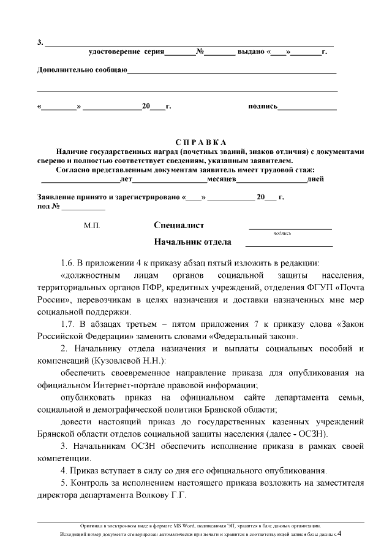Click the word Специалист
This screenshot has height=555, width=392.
click(x=179, y=226)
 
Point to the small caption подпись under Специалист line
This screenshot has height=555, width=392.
click(x=282, y=234)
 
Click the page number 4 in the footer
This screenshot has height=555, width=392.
click(x=339, y=534)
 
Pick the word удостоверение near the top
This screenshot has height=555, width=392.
click(x=115, y=53)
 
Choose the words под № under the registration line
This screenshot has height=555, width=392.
click(x=48, y=206)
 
